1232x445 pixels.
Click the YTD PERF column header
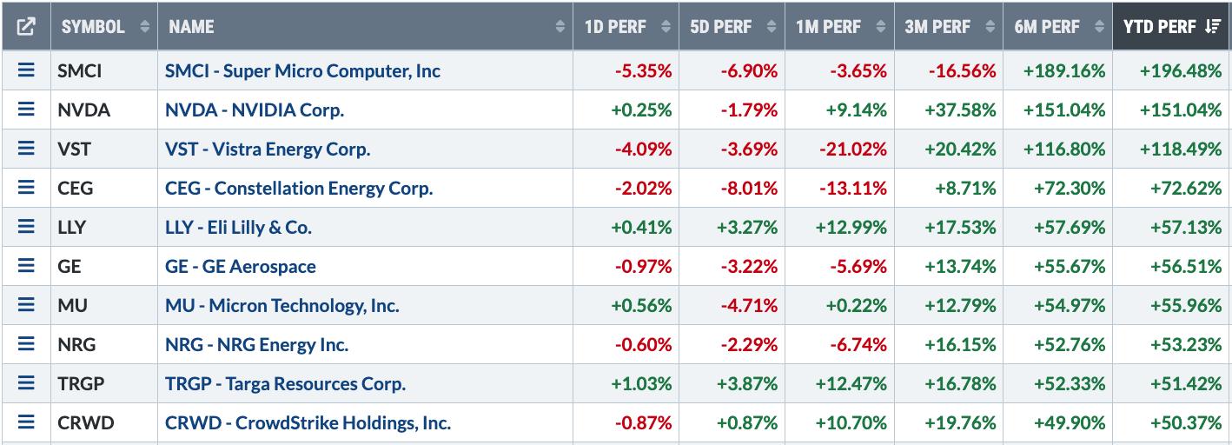(x=1160, y=27)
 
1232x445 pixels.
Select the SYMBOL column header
(x=93, y=27)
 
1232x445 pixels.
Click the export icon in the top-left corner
(x=26, y=27)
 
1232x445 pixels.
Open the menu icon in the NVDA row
(x=26, y=110)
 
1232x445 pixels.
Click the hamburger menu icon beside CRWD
(x=26, y=423)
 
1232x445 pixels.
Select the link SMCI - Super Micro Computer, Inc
(x=302, y=71)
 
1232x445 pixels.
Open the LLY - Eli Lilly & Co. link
(x=238, y=228)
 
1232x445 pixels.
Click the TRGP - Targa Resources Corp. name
(x=285, y=384)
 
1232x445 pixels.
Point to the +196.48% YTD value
(x=1180, y=71)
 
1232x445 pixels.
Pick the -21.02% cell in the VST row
(x=852, y=149)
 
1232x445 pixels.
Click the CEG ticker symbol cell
(x=76, y=189)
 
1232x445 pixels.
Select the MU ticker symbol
(x=72, y=306)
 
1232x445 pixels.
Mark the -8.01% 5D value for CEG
(x=748, y=189)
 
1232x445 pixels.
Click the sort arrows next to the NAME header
(x=560, y=27)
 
